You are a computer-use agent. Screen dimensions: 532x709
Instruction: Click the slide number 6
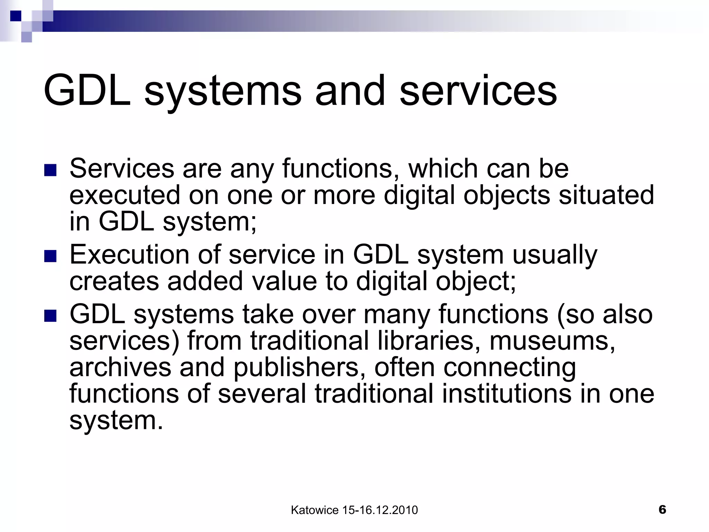point(662,509)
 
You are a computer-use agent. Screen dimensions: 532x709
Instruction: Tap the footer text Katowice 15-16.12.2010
point(354,510)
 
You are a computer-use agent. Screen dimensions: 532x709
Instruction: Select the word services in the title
point(478,91)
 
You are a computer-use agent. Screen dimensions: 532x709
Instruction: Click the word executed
point(125,195)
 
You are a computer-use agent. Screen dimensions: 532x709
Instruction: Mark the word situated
point(606,195)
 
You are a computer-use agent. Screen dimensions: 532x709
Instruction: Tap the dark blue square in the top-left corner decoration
point(16,16)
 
